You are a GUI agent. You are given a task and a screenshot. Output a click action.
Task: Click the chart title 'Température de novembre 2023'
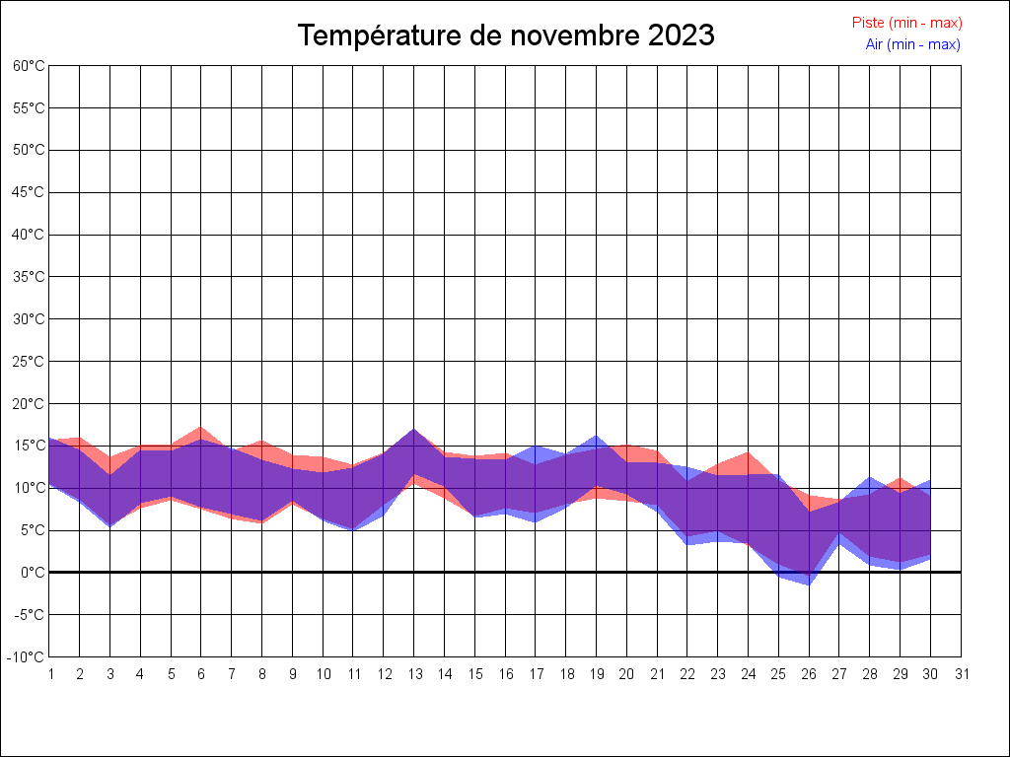(506, 35)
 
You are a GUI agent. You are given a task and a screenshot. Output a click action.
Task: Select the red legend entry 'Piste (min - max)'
(906, 23)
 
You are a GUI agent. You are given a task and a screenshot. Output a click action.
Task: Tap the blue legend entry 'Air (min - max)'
(912, 44)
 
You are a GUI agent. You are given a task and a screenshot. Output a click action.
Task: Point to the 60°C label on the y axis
(29, 66)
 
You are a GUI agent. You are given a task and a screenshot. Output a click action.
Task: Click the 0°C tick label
(34, 573)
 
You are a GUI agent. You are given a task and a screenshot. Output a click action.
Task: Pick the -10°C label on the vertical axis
(28, 657)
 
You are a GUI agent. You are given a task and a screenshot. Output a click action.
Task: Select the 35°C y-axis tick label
(29, 277)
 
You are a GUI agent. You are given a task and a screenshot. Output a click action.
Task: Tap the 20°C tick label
(29, 404)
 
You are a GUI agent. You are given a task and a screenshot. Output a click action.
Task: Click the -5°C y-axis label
(30, 615)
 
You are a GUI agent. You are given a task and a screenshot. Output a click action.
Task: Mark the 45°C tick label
(29, 192)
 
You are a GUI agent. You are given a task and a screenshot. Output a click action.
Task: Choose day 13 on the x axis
(414, 674)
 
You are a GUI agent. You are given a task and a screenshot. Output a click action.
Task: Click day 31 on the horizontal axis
(962, 674)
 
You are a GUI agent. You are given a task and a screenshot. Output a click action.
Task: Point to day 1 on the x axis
(49, 674)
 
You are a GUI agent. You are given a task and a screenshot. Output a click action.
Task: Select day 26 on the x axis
(810, 674)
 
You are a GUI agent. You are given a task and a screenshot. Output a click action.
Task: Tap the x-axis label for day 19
(597, 674)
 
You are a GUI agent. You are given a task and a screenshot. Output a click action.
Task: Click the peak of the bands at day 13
(414, 430)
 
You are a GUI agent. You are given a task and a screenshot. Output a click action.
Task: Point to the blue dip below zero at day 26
(810, 584)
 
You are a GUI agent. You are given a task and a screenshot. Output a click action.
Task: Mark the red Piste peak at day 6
(201, 429)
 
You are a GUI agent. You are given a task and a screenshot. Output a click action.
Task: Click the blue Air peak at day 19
(597, 437)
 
